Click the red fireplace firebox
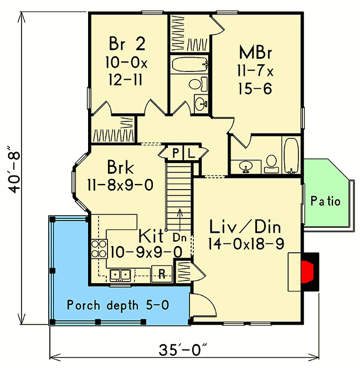pyautogui.click(x=307, y=272)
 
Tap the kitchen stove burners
pyautogui.click(x=99, y=249)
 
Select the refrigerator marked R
pyautogui.click(x=162, y=273)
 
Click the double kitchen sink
pyautogui.click(x=120, y=275)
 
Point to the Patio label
pyautogui.click(x=326, y=201)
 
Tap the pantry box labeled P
pyautogui.click(x=175, y=154)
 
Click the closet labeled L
pyautogui.click(x=191, y=154)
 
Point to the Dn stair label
pyautogui.click(x=179, y=238)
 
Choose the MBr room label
pyautogui.click(x=255, y=53)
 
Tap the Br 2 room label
pyautogui.click(x=127, y=44)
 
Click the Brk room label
pyautogui.click(x=121, y=167)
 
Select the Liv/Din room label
pyautogui.click(x=245, y=227)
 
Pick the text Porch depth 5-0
pyautogui.click(x=118, y=305)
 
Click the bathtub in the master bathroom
pyautogui.click(x=291, y=156)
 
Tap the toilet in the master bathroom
pyautogui.click(x=271, y=163)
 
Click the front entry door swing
pyautogui.click(x=203, y=304)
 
